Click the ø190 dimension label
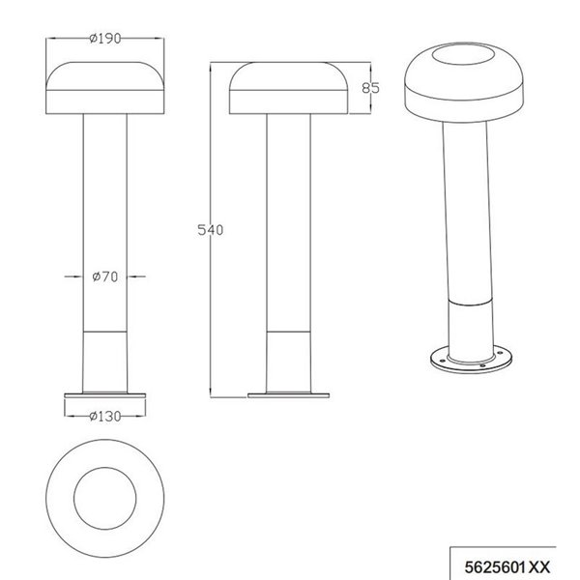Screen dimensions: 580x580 103,38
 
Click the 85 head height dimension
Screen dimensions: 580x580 368,88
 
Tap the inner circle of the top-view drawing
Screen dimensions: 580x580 103,495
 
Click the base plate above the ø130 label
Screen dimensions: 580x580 103,395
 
